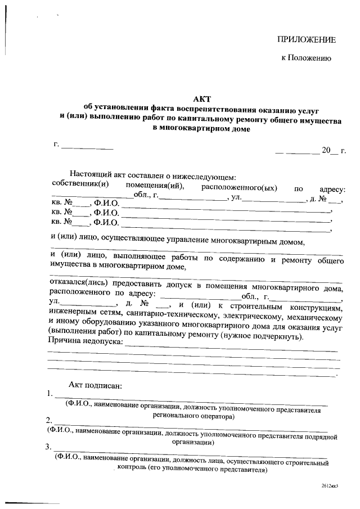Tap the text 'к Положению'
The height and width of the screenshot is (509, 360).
(x=306, y=58)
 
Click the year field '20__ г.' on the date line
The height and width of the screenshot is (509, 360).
(x=332, y=150)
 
